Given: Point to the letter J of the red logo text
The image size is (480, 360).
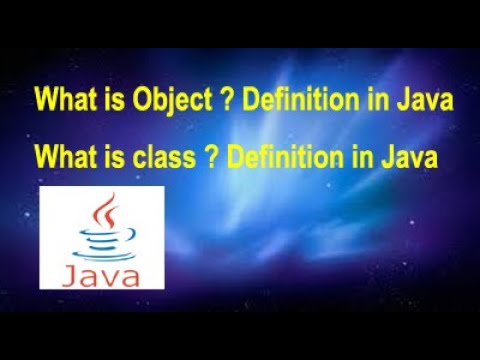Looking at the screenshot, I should click(x=69, y=272).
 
